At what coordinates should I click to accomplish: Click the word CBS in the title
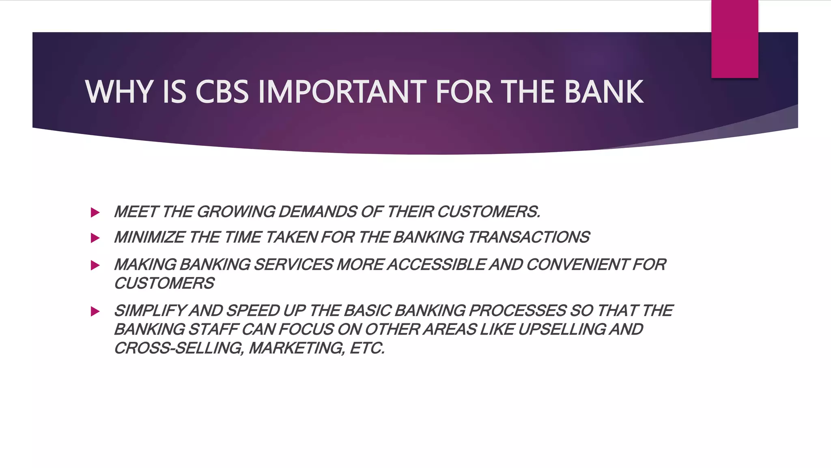click(x=222, y=92)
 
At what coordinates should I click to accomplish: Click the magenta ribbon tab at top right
click(x=734, y=39)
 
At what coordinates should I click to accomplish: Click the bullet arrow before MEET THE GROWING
click(x=95, y=212)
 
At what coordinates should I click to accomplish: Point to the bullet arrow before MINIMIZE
click(x=95, y=238)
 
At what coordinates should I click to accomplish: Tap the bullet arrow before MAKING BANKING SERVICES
click(x=95, y=265)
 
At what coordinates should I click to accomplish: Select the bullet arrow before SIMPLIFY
click(x=95, y=312)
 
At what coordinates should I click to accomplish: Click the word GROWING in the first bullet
click(x=236, y=212)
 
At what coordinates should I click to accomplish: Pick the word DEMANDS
click(x=318, y=212)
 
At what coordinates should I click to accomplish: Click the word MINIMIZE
click(x=149, y=237)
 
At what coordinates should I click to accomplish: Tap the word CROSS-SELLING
click(x=179, y=349)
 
